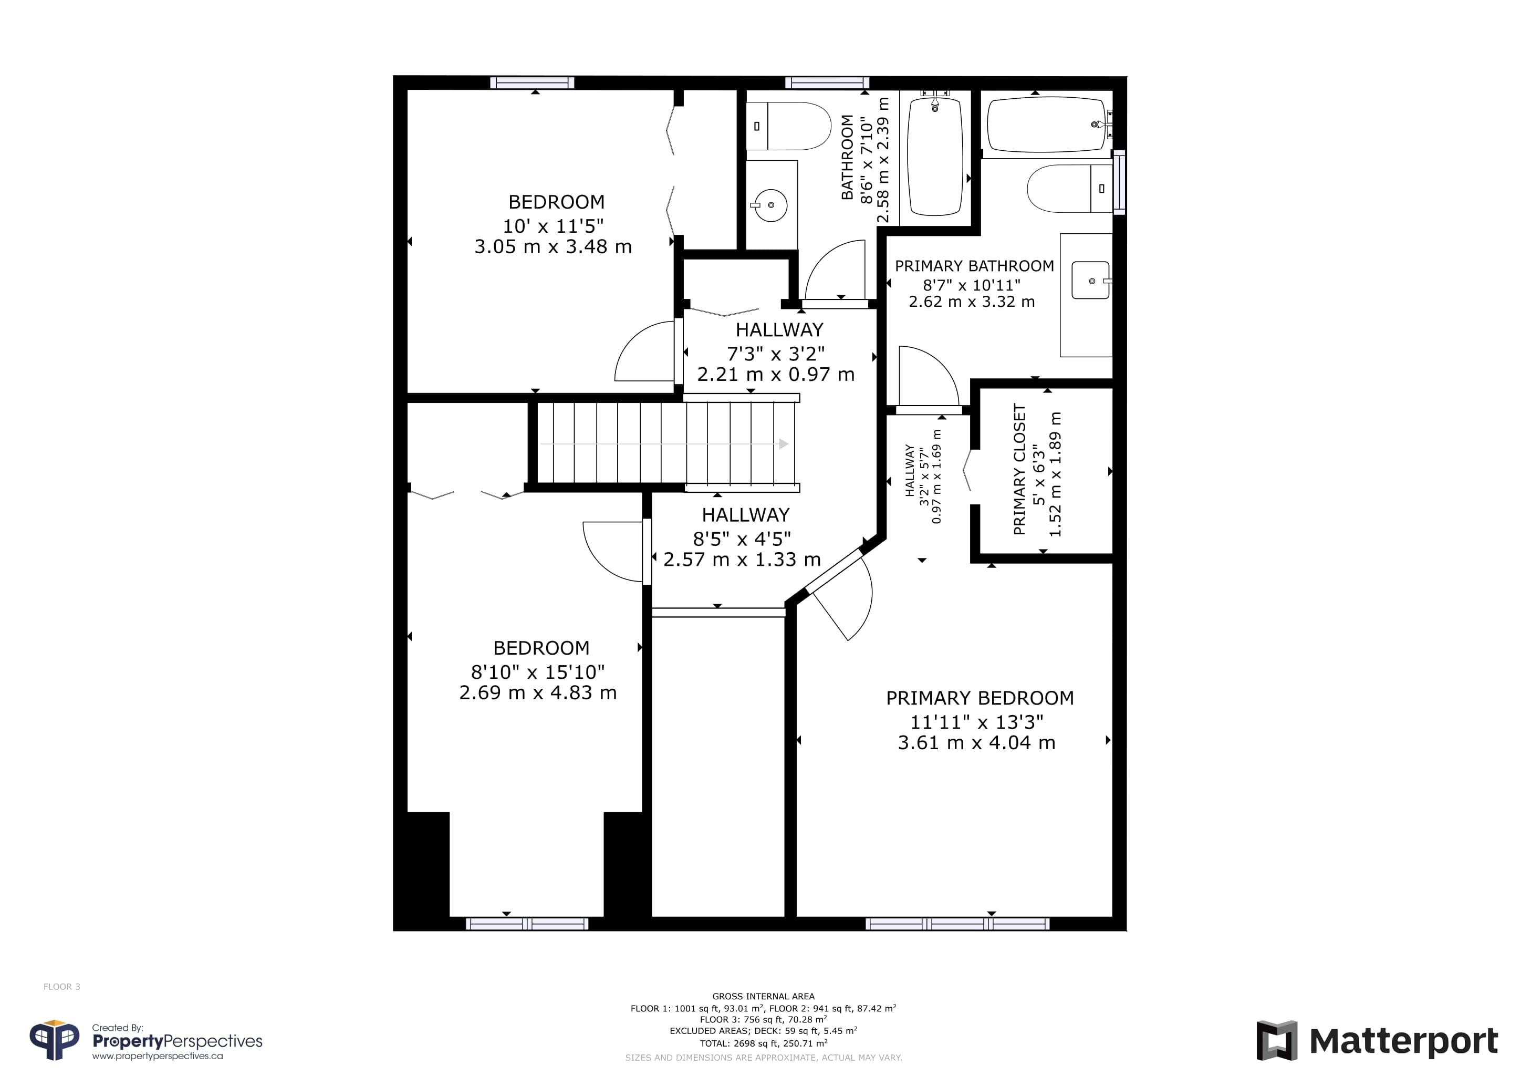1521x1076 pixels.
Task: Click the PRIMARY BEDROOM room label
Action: click(x=980, y=698)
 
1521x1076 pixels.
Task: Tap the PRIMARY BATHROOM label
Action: click(x=974, y=266)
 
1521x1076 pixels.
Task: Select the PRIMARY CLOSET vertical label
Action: click(x=1019, y=469)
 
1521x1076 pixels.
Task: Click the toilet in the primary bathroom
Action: click(x=1069, y=189)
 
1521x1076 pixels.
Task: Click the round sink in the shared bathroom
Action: click(x=770, y=205)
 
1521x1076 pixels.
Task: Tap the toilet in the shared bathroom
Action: click(x=788, y=126)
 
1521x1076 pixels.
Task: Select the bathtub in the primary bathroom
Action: click(x=1049, y=125)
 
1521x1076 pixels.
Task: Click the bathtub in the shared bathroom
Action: click(x=935, y=157)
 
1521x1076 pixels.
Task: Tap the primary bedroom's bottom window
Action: click(x=957, y=924)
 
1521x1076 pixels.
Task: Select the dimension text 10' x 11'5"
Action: click(x=553, y=226)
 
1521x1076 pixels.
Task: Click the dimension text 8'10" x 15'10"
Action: click(x=538, y=672)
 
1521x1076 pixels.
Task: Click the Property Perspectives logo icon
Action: click(x=54, y=1040)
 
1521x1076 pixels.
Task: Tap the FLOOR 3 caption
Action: click(x=61, y=987)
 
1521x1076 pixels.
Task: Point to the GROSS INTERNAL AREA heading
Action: click(x=763, y=996)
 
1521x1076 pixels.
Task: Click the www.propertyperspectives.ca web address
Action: click(x=157, y=1056)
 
